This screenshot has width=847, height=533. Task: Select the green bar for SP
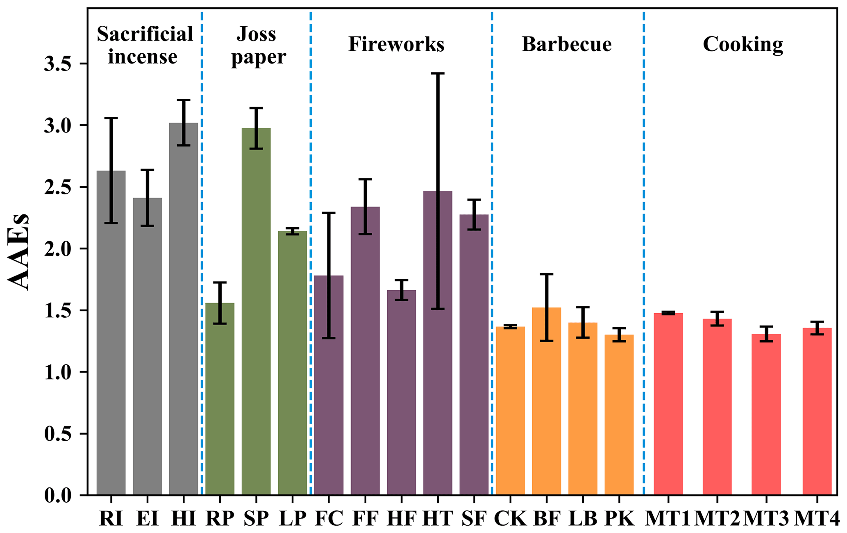point(256,312)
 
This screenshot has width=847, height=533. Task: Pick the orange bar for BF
point(547,402)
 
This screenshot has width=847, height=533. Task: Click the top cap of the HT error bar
point(438,73)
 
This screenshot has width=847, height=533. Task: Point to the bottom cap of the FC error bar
point(329,338)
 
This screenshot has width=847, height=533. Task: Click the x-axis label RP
point(220,519)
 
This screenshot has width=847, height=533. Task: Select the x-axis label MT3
point(766,519)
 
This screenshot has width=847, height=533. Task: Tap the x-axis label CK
point(510,519)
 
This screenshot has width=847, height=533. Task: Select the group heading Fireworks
point(396,44)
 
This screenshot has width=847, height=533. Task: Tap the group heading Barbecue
point(567,44)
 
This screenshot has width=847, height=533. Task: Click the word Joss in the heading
point(257,34)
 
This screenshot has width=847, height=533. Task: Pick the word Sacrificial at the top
point(145,34)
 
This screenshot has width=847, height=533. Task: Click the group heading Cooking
point(743,44)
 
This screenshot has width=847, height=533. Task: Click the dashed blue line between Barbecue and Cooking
point(644,246)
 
